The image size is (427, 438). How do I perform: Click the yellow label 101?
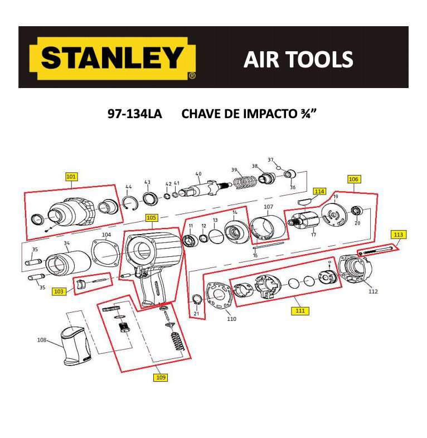(71, 177)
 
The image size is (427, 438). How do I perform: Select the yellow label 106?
(354, 179)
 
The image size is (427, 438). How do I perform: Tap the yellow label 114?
(319, 191)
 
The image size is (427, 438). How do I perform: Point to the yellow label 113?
(397, 235)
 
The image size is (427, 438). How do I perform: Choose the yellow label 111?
(300, 310)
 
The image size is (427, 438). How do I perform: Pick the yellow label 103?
(59, 291)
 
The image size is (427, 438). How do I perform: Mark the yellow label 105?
(151, 218)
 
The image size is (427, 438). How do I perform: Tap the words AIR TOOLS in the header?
(298, 59)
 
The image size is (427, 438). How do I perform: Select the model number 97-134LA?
(134, 114)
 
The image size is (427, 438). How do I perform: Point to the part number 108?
(41, 339)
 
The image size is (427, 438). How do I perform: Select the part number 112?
(373, 291)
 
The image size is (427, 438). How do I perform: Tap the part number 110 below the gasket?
(231, 319)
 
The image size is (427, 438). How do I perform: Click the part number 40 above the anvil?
(198, 174)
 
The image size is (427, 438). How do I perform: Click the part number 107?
(268, 207)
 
